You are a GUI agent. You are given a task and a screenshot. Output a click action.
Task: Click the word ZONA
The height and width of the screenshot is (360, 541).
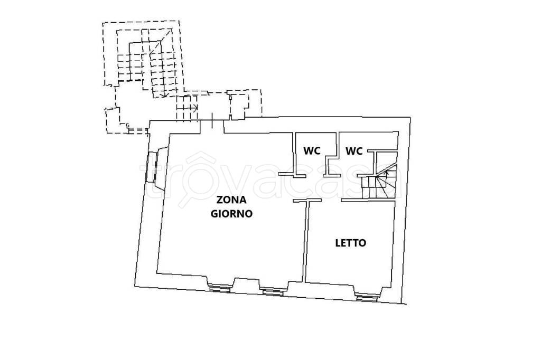click(x=230, y=200)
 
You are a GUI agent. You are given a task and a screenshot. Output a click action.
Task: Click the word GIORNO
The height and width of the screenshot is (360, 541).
click(x=231, y=214)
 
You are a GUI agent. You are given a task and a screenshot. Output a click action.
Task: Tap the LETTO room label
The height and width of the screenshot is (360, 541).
click(x=351, y=243)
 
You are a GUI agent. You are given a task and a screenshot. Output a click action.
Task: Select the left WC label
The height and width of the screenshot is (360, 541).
click(x=312, y=151)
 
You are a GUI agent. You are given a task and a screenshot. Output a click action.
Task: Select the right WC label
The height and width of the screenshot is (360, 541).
click(x=354, y=151)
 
